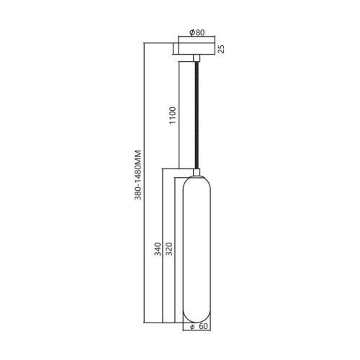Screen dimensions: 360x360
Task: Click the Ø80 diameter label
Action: point(197,32)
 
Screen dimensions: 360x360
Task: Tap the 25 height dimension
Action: point(221,49)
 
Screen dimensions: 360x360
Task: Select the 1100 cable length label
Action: point(173,115)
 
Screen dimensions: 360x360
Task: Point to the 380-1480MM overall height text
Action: point(138,175)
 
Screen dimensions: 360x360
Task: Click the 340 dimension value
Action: point(158,249)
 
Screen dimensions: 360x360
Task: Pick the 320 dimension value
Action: point(169,249)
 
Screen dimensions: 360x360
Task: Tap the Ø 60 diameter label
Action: point(199,327)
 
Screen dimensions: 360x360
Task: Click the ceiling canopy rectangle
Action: point(197,49)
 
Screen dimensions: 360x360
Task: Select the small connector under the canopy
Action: point(197,58)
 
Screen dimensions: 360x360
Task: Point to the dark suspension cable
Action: point(197,115)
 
